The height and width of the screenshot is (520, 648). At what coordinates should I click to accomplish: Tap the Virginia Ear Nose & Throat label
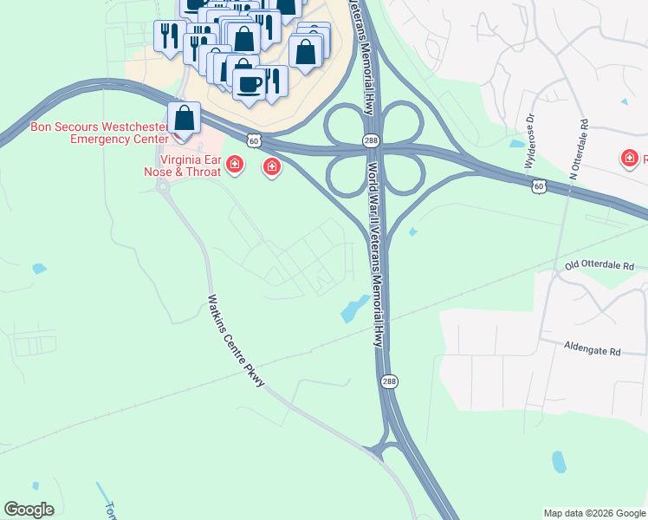[190, 166]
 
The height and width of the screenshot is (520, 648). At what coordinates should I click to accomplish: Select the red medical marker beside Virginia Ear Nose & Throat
[234, 165]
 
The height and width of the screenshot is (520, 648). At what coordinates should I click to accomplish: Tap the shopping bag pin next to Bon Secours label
[184, 118]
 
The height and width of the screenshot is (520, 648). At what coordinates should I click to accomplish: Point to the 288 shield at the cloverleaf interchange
[371, 139]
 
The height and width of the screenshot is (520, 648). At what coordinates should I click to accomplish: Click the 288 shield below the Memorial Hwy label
[388, 381]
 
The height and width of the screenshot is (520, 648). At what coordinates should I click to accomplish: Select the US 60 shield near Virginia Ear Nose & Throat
[252, 139]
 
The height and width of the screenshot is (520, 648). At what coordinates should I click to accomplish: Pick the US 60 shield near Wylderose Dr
[539, 185]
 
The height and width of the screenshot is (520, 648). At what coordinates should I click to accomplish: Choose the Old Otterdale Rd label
[599, 264]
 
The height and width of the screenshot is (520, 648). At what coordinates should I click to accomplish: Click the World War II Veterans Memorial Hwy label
[375, 251]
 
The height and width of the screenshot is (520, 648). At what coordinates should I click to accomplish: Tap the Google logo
[29, 510]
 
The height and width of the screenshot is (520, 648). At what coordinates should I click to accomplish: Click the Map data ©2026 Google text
[594, 513]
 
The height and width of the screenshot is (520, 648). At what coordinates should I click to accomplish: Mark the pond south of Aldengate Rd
[559, 462]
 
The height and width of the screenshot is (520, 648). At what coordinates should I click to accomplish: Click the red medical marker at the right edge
[628, 158]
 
